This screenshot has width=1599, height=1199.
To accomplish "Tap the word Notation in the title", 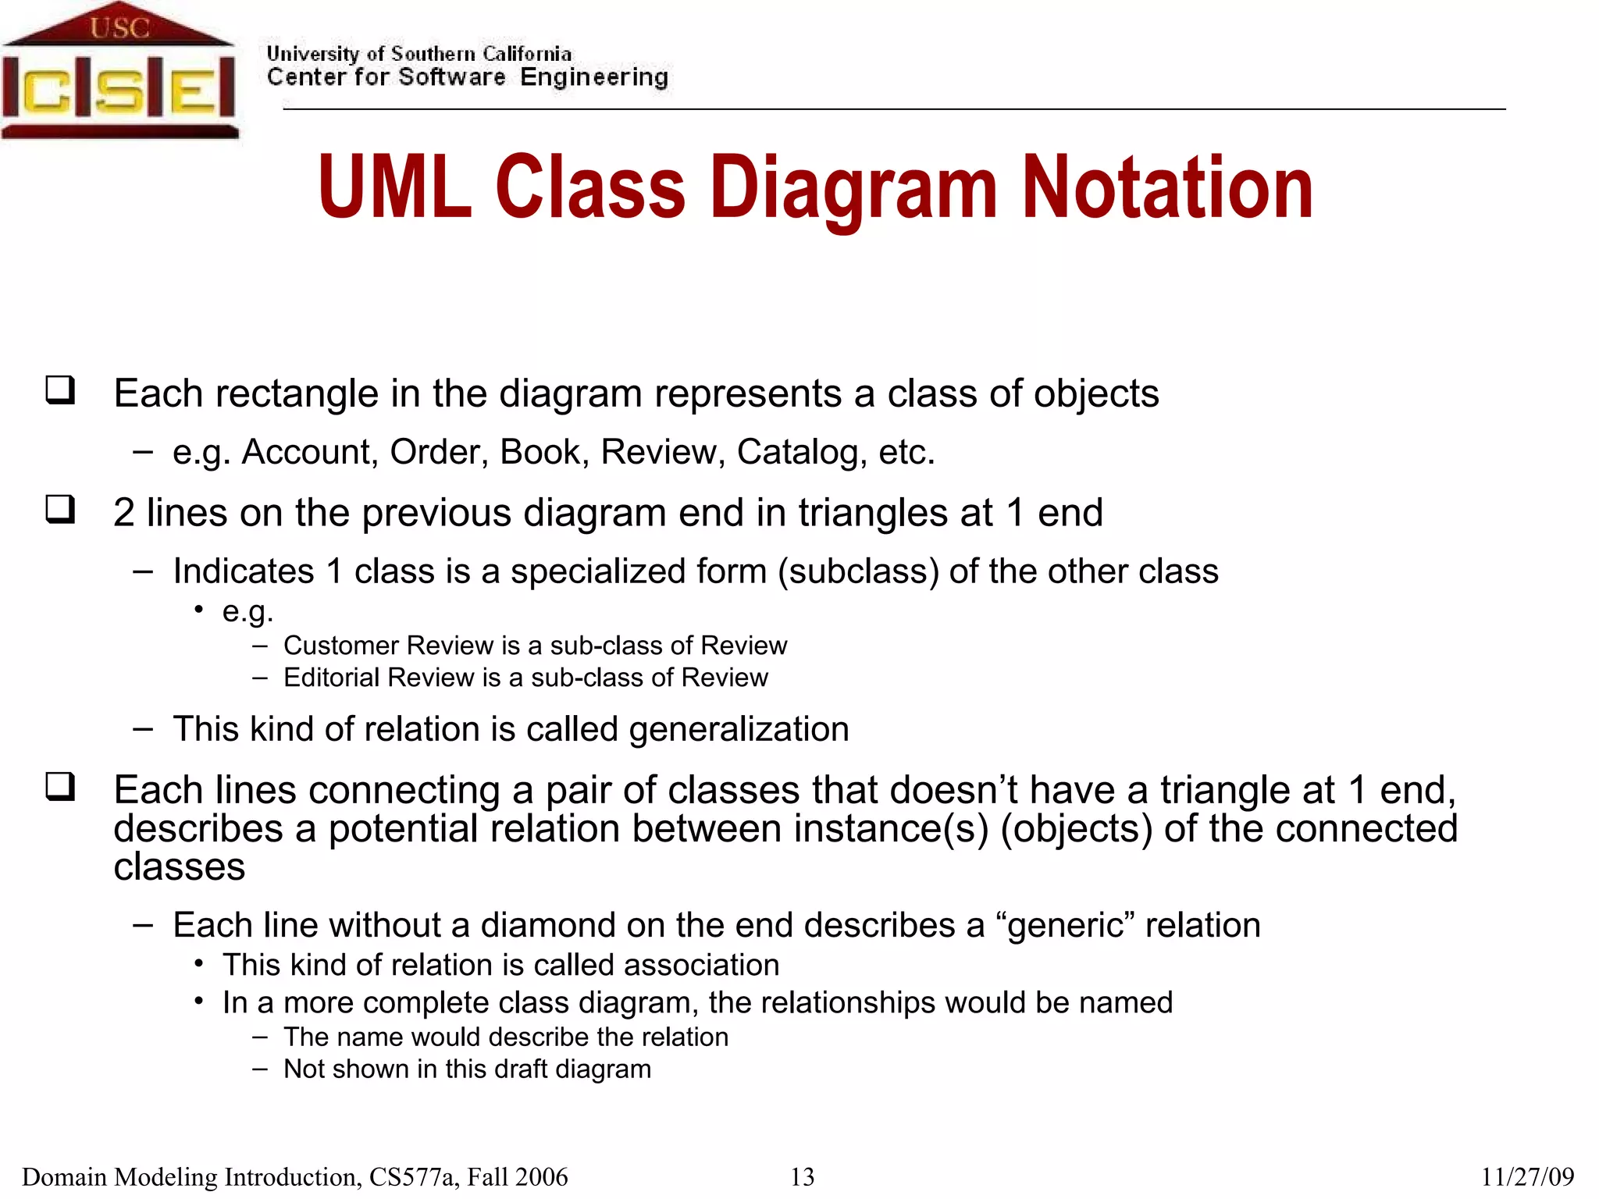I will tap(1167, 187).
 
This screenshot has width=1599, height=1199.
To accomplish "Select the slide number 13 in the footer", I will tap(802, 1176).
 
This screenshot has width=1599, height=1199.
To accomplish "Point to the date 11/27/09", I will tap(1527, 1176).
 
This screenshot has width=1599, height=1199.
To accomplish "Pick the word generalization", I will tap(739, 730).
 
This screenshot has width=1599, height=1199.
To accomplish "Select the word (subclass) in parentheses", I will tap(858, 571).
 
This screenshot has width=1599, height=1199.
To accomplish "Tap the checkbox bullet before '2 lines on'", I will tap(60, 509).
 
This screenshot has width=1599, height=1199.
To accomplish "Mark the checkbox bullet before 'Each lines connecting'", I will tap(60, 786).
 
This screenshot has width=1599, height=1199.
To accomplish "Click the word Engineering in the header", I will tap(594, 77).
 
